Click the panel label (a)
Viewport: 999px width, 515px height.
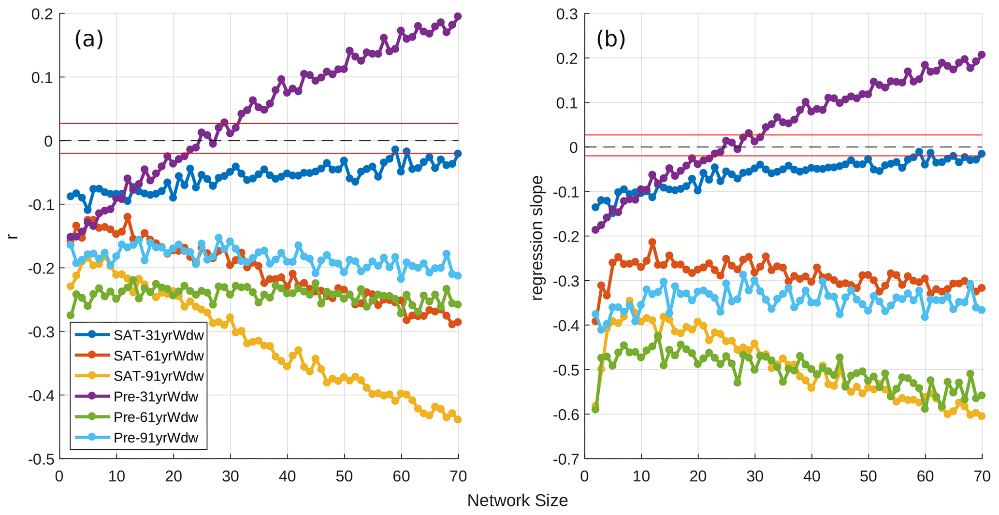pyautogui.click(x=89, y=39)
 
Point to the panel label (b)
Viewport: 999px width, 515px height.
pyautogui.click(x=611, y=39)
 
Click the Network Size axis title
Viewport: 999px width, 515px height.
pyautogui.click(x=517, y=501)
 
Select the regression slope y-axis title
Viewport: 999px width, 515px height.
pyautogui.click(x=537, y=238)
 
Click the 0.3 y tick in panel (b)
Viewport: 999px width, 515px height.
pyautogui.click(x=566, y=14)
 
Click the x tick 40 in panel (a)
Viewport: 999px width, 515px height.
pyautogui.click(x=287, y=476)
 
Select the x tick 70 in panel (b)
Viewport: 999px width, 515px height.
pyautogui.click(x=982, y=476)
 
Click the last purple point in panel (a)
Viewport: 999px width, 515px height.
pyautogui.click(x=458, y=16)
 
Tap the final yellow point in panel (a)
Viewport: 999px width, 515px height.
pyautogui.click(x=458, y=419)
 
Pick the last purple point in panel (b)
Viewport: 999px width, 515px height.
pyautogui.click(x=982, y=55)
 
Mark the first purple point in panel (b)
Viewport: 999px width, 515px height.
pyautogui.click(x=595, y=230)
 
